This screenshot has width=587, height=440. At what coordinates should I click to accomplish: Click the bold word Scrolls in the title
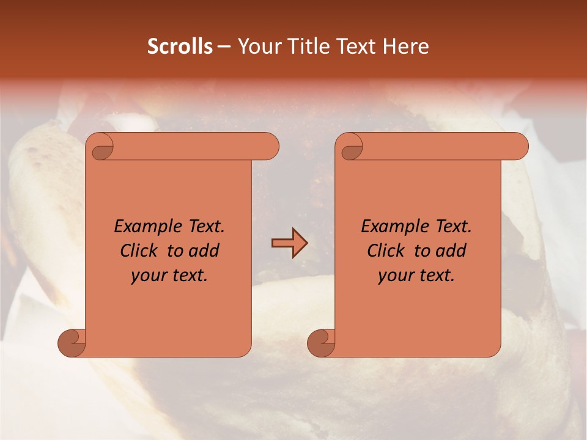(x=180, y=46)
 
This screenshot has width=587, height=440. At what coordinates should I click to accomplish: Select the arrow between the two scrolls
(x=289, y=243)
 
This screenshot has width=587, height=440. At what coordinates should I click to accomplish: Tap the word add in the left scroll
(x=204, y=251)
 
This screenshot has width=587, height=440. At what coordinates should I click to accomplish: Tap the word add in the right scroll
(x=451, y=251)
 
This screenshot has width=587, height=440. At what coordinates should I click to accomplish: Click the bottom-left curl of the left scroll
(x=72, y=343)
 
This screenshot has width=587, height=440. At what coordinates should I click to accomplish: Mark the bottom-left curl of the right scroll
(x=321, y=343)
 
